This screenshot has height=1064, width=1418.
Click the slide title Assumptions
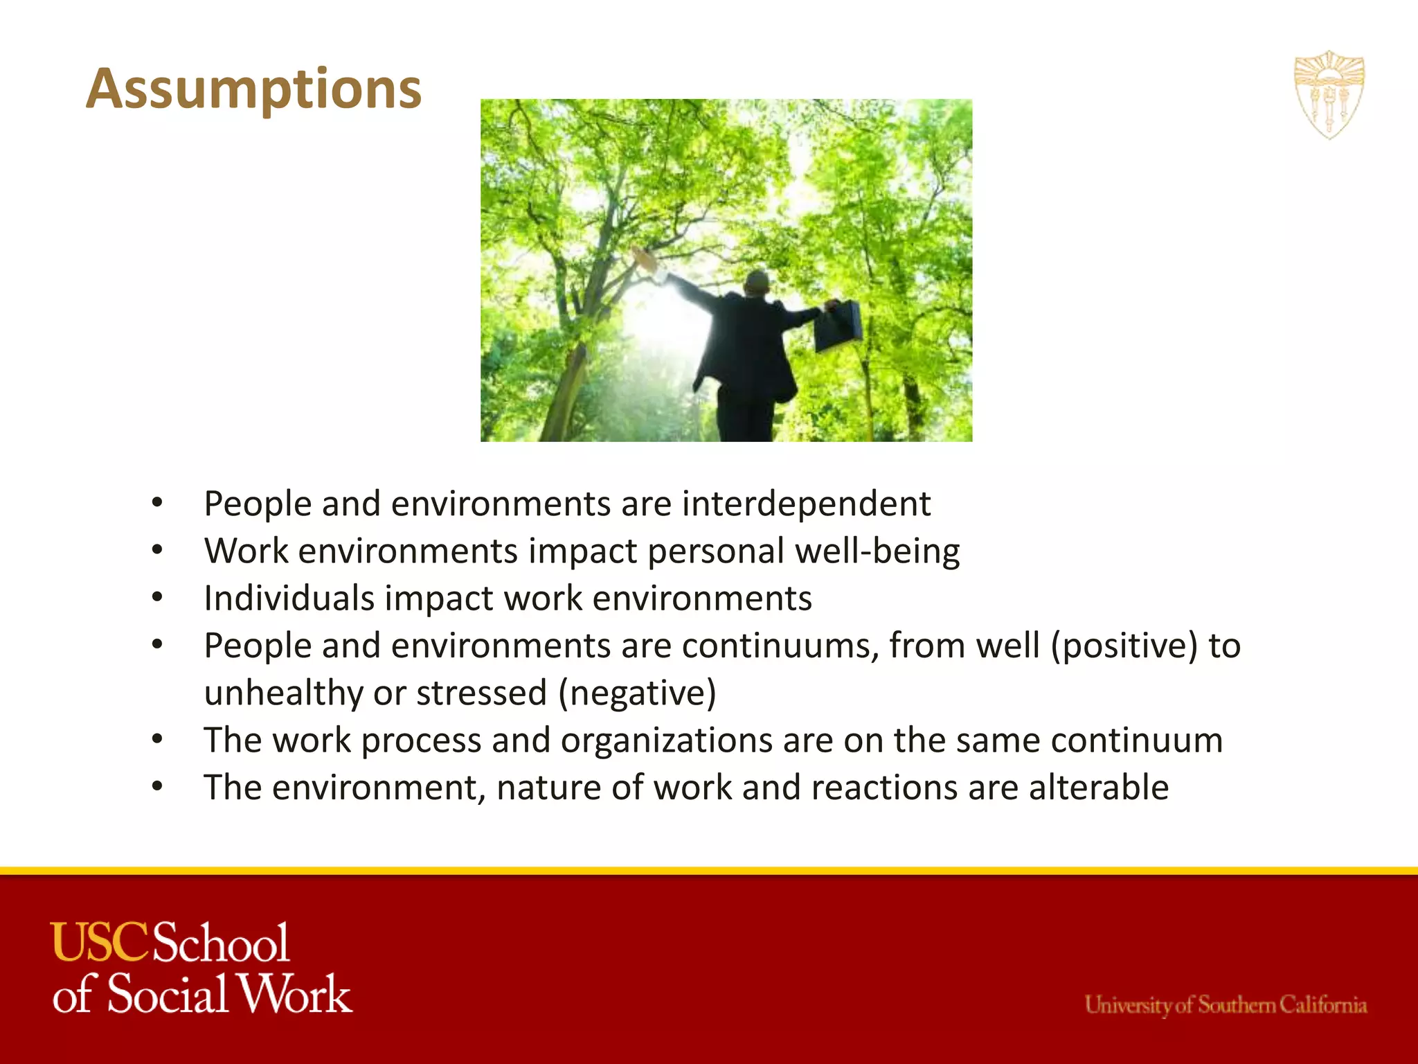coord(253,89)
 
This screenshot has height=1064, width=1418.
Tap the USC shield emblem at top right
coord(1329,95)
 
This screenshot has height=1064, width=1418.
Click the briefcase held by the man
coord(837,326)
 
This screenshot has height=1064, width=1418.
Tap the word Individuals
coord(289,598)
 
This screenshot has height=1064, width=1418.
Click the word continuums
coord(780,646)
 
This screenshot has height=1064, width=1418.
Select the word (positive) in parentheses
coord(1124,646)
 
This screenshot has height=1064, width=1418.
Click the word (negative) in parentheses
coord(637,693)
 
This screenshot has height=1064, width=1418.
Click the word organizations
coord(666,741)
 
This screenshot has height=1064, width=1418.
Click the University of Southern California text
coord(1226,1004)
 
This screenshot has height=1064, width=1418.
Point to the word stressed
coord(481,693)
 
